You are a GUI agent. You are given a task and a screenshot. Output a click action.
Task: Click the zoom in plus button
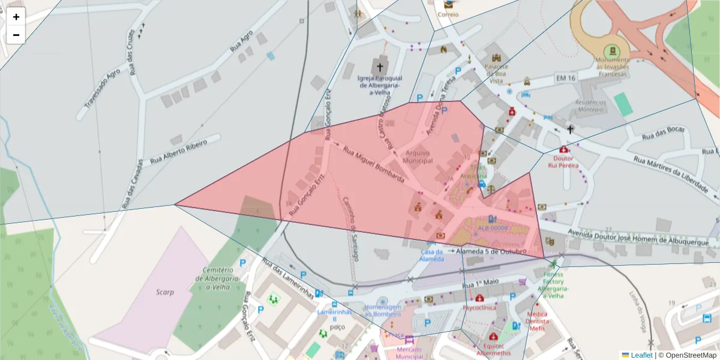pos(16,17)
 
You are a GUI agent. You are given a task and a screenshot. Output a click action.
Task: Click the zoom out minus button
pos(16,35)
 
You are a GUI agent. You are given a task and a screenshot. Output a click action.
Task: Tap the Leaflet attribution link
pos(641,355)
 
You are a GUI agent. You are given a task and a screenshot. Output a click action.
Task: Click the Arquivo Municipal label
pos(418,157)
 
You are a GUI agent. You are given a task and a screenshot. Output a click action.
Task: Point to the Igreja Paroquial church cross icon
pos(380,67)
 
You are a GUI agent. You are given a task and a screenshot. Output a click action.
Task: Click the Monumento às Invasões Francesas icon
pos(613,50)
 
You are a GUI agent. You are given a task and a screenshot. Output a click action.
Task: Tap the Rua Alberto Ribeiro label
pos(178,151)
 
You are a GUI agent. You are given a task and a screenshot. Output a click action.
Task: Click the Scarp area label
pos(164,292)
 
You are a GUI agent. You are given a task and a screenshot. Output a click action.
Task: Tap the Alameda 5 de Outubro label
pos(491,251)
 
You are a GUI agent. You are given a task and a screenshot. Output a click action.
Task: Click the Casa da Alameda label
pos(432,256)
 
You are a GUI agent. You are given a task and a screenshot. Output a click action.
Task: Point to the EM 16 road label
pos(565,78)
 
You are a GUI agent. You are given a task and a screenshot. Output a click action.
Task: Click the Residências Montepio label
pos(591,106)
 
